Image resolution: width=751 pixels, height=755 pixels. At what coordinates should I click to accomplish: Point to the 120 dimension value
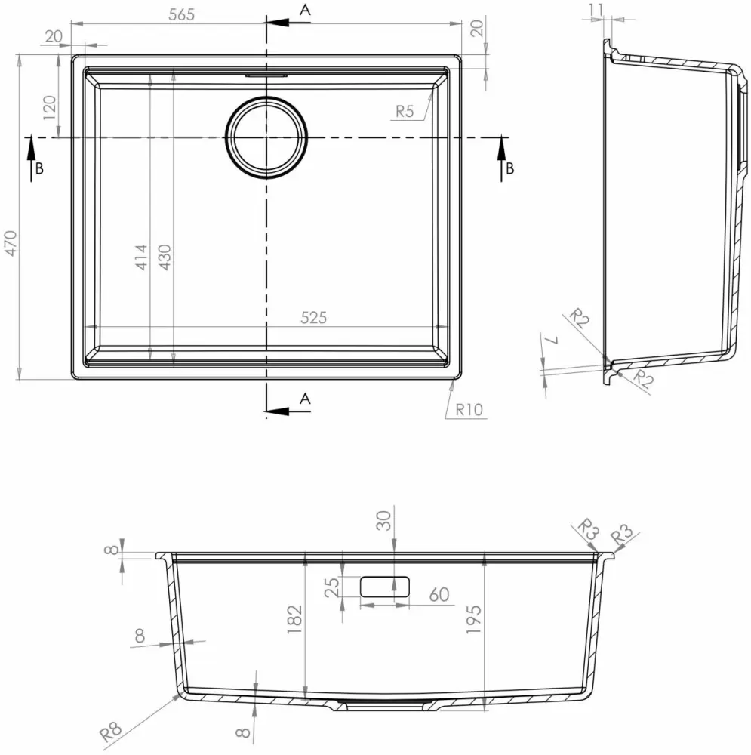point(50,108)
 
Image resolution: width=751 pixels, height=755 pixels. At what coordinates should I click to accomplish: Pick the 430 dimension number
point(165,257)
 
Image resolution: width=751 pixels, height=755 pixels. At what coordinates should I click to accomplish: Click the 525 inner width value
point(313,318)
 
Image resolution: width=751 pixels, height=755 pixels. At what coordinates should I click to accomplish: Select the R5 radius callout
point(405,112)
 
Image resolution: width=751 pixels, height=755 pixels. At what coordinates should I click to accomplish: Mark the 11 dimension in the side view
point(596,10)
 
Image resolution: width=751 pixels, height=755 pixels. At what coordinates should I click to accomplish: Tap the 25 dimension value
point(332,587)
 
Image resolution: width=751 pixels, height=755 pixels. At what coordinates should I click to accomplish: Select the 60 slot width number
point(438,595)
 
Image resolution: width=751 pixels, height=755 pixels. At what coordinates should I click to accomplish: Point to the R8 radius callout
point(111,730)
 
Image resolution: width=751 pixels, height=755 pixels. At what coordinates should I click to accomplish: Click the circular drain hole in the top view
point(267,137)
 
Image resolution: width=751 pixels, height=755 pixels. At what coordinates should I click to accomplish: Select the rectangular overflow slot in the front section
point(385,586)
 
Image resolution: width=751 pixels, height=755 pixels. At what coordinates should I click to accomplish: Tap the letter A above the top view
point(305,10)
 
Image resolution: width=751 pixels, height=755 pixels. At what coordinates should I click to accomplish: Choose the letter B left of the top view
point(39,168)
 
